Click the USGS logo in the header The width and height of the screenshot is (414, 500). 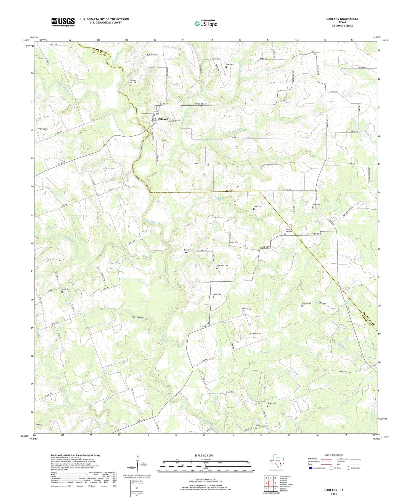[x=63, y=22]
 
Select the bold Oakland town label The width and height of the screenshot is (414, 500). [x=163, y=119]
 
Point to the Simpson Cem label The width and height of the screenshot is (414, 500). [x=43, y=129]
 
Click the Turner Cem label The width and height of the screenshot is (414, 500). [x=109, y=168]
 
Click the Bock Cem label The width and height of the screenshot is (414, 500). [x=188, y=250]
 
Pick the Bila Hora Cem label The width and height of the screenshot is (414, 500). [x=222, y=266]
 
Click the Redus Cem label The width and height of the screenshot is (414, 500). [x=256, y=333]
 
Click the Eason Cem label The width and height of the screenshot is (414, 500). [x=258, y=206]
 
